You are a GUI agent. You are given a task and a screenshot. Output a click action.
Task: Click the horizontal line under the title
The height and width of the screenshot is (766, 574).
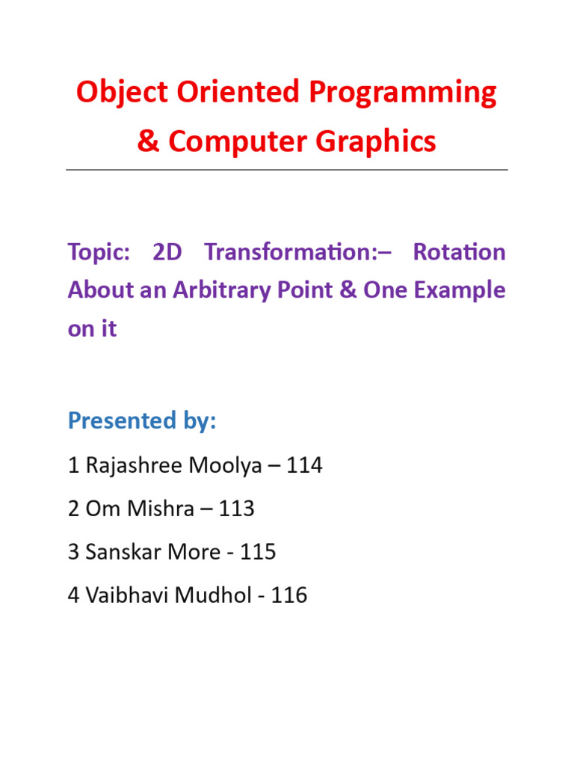pyautogui.click(x=287, y=170)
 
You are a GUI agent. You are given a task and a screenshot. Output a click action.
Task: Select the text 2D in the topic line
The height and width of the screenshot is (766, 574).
pyautogui.click(x=167, y=252)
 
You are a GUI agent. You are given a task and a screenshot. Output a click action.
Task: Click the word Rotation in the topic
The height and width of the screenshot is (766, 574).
pyautogui.click(x=459, y=252)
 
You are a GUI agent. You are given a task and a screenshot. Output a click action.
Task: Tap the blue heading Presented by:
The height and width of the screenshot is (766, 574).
pyautogui.click(x=142, y=421)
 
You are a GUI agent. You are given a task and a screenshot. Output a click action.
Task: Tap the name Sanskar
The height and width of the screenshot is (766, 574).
pyautogui.click(x=120, y=552)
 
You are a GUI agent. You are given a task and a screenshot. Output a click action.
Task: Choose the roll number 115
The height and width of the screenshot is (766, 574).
pyautogui.click(x=259, y=552)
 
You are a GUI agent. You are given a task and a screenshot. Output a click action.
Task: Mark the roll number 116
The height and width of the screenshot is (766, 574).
pyautogui.click(x=289, y=595)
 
